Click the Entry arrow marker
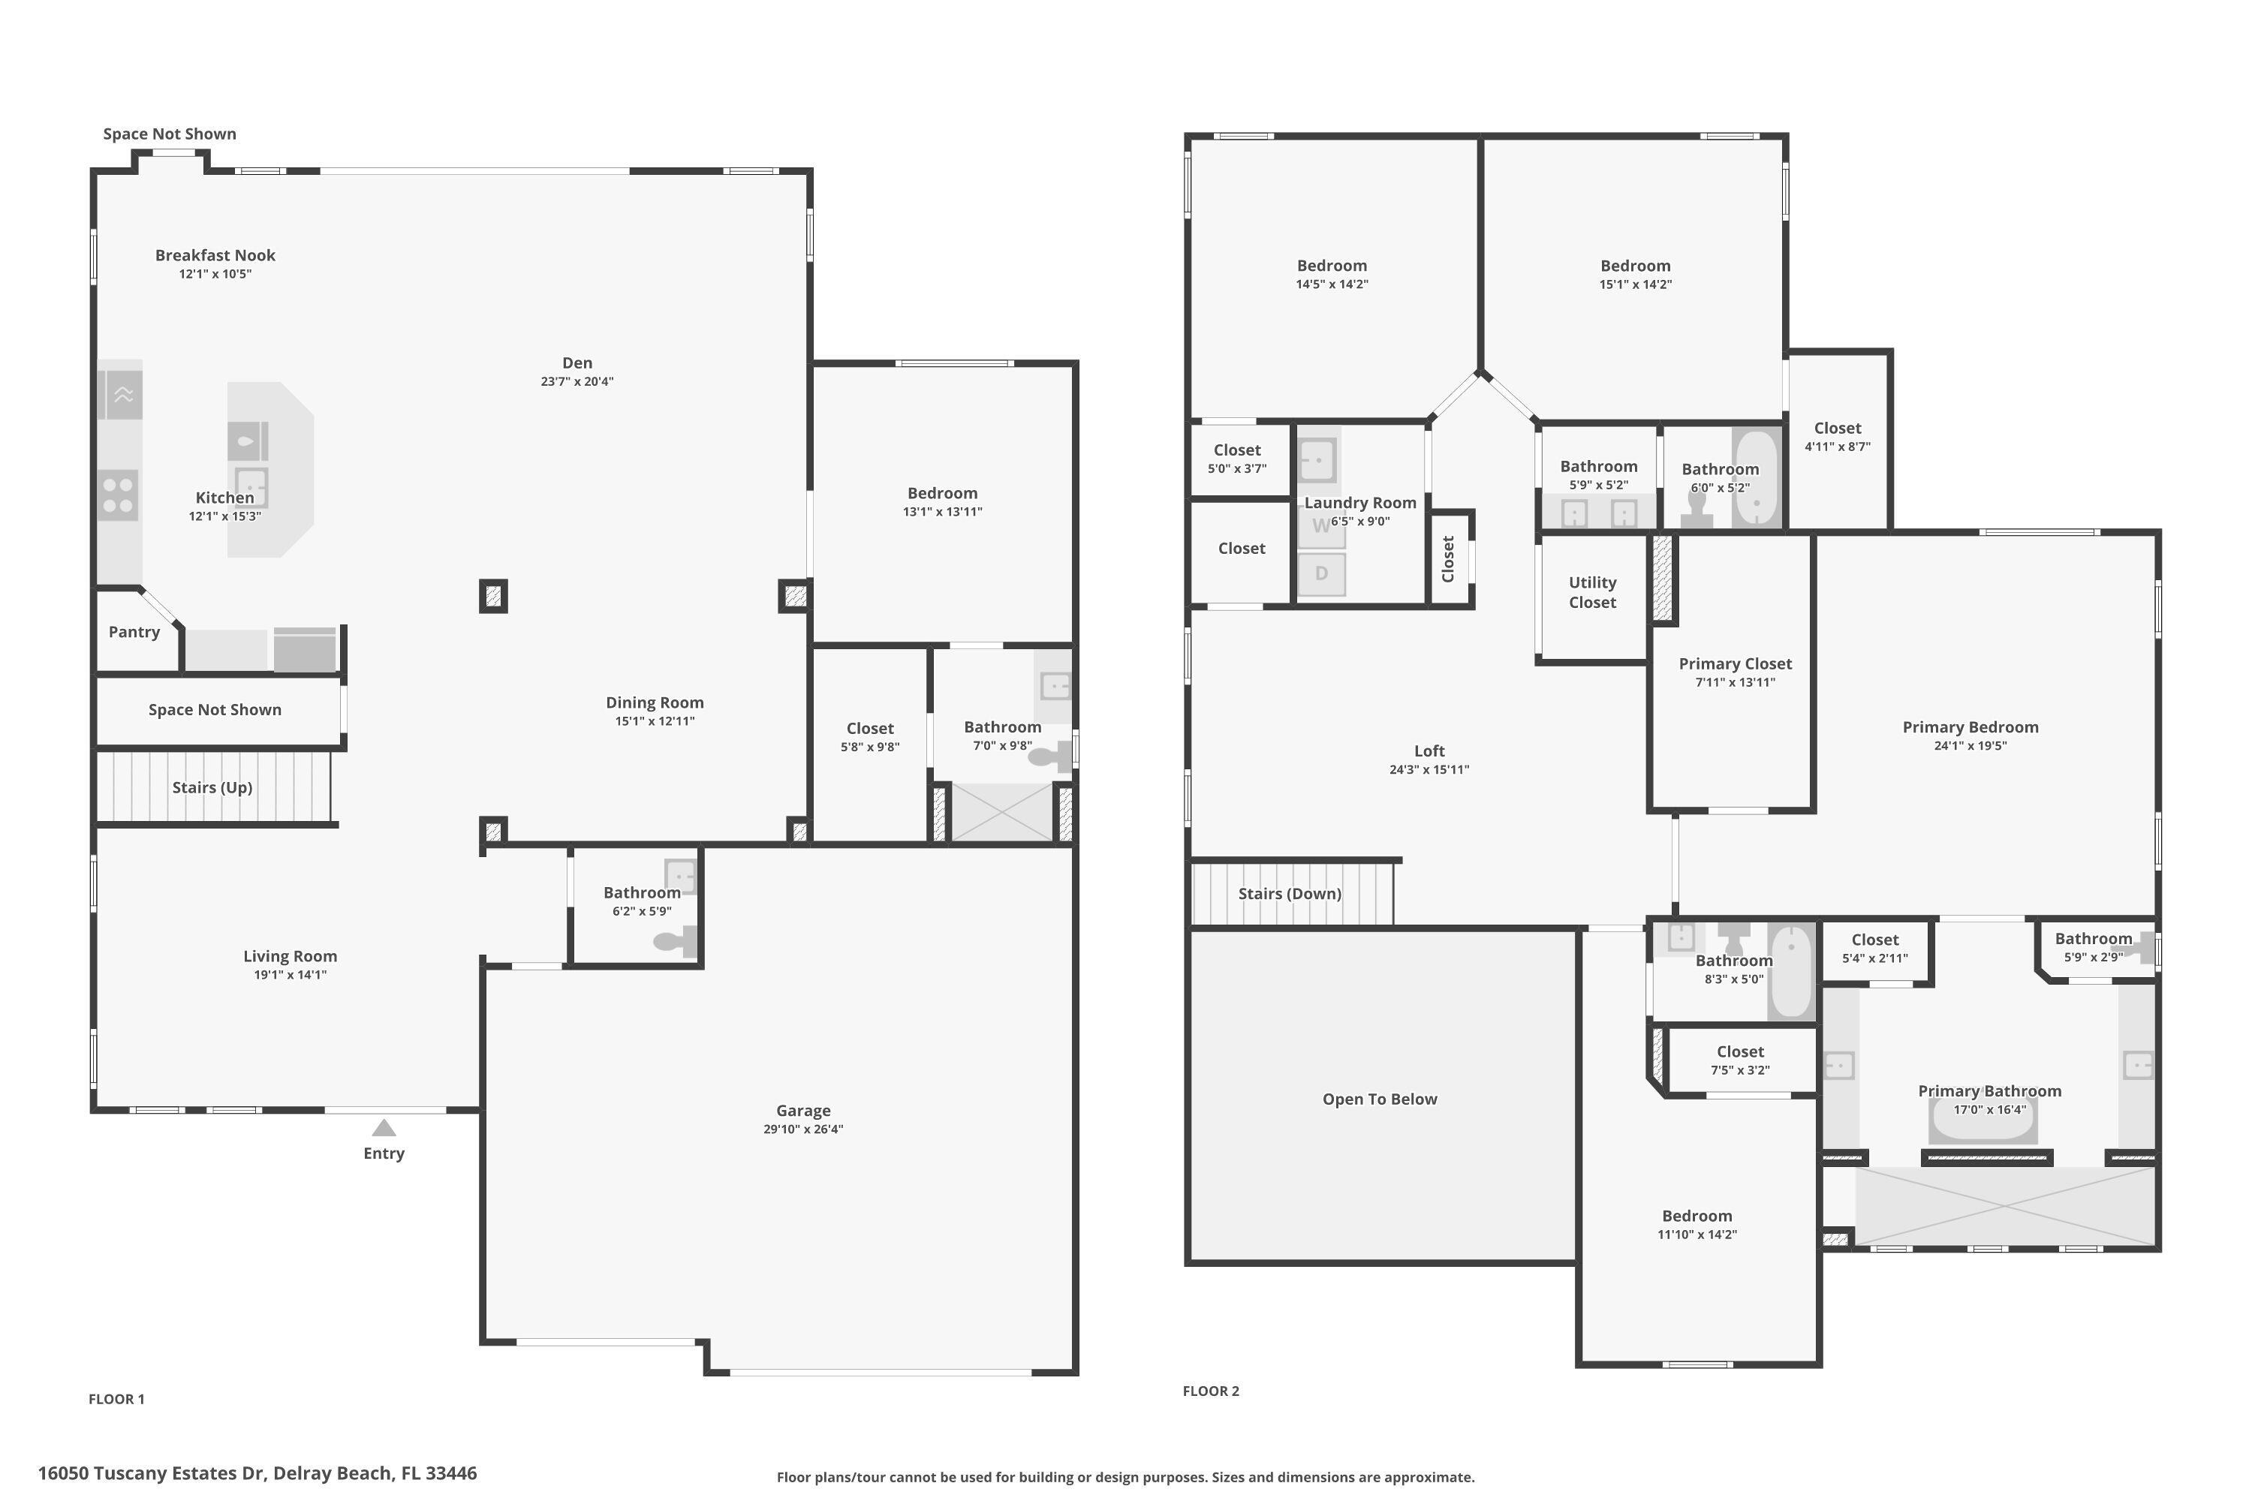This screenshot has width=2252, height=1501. point(384,1129)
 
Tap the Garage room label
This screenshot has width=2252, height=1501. point(802,1111)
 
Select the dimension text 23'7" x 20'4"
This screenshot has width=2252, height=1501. point(577,381)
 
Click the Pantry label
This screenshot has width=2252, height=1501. point(134,632)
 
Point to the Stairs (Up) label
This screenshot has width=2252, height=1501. point(212,787)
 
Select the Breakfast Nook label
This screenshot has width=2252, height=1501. point(215,254)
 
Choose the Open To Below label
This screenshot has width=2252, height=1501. point(1379,1099)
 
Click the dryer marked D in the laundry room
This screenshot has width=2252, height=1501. point(1321,574)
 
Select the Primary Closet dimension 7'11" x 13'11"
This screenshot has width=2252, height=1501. point(1734,682)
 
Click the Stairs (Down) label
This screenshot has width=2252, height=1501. point(1289,893)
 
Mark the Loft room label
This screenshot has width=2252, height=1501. point(1429,750)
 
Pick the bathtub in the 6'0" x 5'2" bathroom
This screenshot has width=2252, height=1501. point(1756,479)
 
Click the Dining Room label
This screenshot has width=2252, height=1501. point(654,702)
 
